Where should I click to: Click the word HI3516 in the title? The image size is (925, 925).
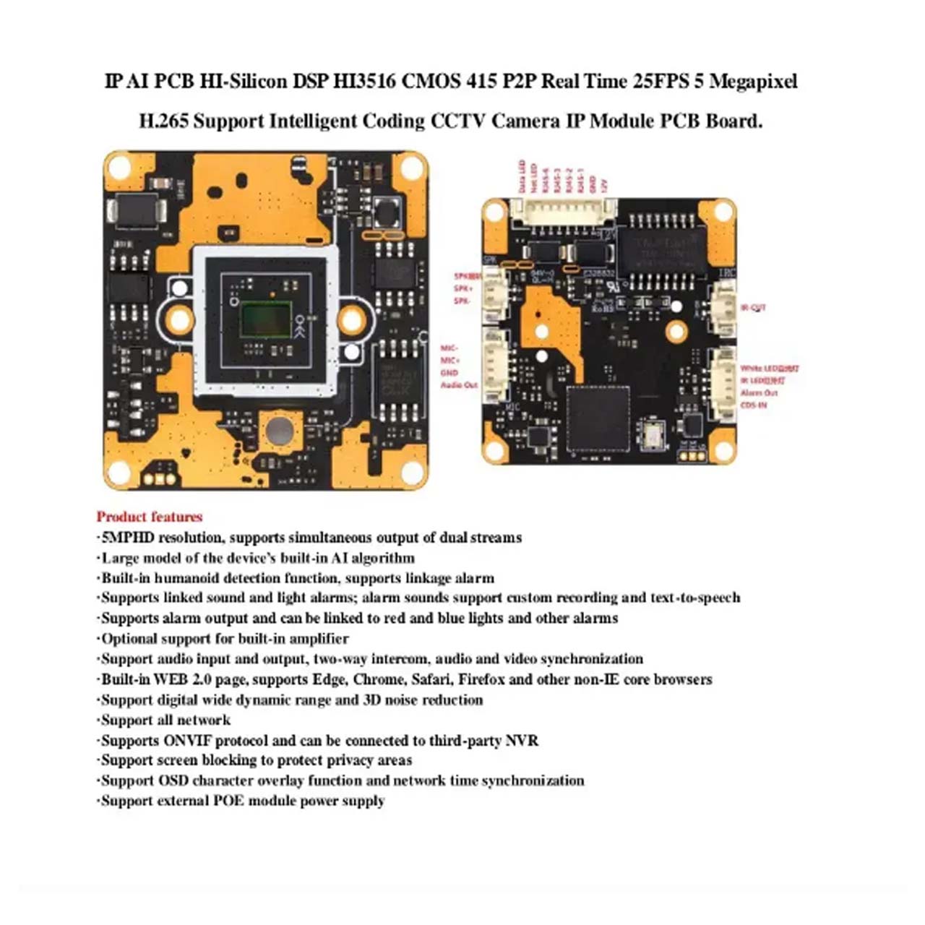tap(363, 81)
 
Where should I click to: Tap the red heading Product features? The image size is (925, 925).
tap(150, 517)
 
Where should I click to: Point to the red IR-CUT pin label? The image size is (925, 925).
tap(753, 307)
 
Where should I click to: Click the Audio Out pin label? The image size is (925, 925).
tap(460, 385)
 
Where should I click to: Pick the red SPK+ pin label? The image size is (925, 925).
tap(462, 288)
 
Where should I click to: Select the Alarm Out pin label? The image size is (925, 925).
tap(759, 393)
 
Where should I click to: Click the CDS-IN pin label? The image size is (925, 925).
tap(754, 405)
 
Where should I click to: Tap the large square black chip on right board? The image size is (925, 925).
tap(598, 418)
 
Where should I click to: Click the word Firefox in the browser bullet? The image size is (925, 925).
tap(483, 679)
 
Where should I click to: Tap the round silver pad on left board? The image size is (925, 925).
tap(280, 431)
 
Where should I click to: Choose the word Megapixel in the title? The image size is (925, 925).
tap(753, 81)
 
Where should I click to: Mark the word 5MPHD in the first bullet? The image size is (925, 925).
tap(128, 538)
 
